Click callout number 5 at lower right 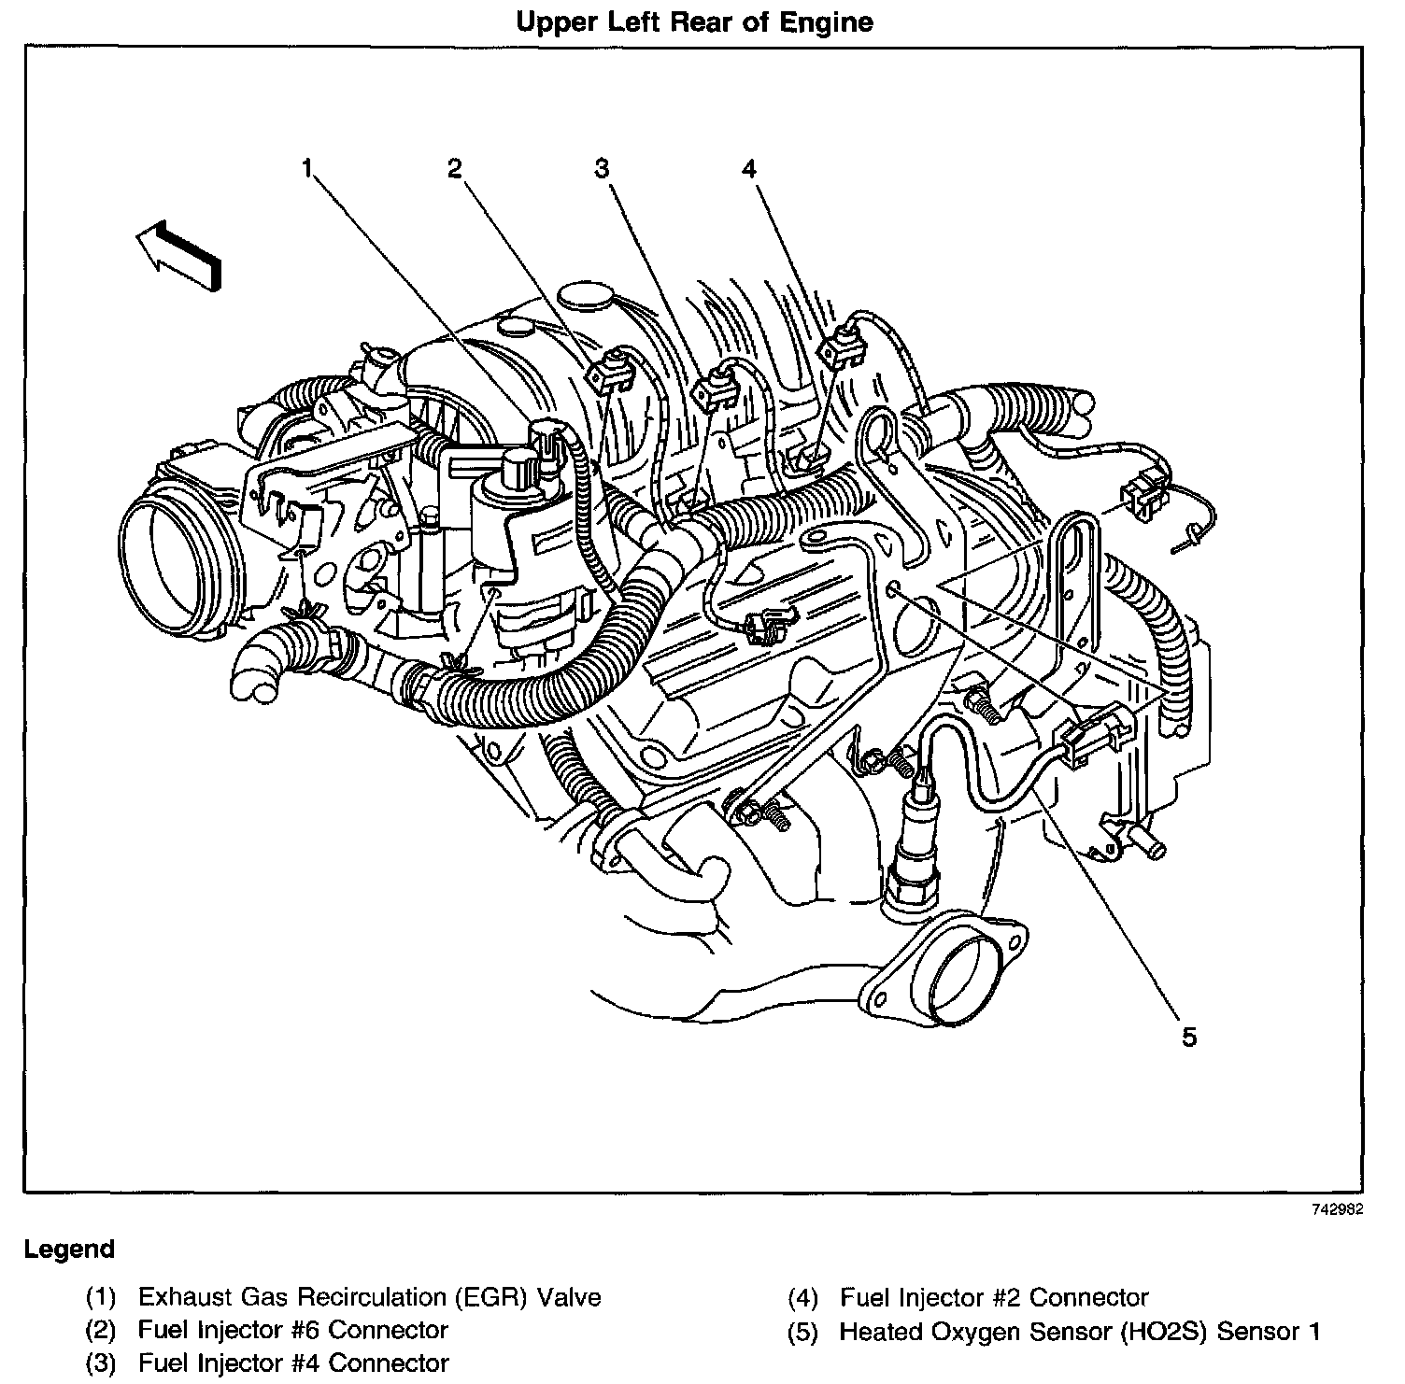(x=1188, y=1037)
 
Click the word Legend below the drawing (x=69, y=1249)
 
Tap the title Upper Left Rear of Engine (x=694, y=22)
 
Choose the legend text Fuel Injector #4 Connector (x=292, y=1363)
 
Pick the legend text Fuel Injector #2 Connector (x=994, y=1297)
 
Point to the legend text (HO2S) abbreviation (x=1168, y=1331)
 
